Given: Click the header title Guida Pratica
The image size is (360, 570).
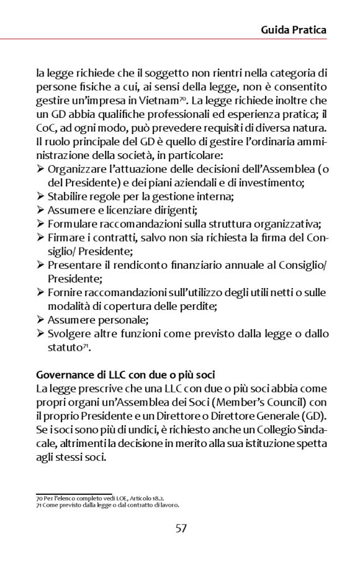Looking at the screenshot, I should [294, 29].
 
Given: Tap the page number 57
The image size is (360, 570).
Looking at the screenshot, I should [180, 528].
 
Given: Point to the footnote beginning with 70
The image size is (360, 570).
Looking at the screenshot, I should [99, 499].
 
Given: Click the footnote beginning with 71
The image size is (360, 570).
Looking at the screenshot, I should [107, 505].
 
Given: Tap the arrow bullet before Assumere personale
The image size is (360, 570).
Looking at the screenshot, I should [40, 320].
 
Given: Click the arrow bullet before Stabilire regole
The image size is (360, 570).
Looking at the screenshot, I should [40, 197].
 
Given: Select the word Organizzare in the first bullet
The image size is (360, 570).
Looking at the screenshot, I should [77, 170].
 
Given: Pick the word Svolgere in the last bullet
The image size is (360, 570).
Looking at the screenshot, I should [70, 334].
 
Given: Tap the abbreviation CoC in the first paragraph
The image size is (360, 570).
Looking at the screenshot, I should [47, 129].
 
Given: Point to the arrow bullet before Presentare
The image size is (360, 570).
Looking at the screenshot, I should [40, 266].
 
